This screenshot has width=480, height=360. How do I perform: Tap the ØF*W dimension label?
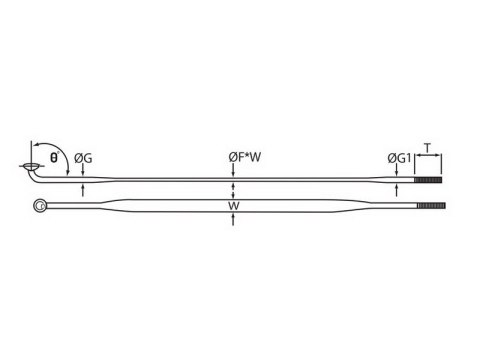point(233,157)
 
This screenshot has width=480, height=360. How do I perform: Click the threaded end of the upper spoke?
point(427,181)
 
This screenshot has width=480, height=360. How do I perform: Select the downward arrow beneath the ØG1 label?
point(398,172)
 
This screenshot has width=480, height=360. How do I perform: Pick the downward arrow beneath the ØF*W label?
point(233,172)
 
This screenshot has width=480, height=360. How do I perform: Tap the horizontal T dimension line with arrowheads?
point(427,156)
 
